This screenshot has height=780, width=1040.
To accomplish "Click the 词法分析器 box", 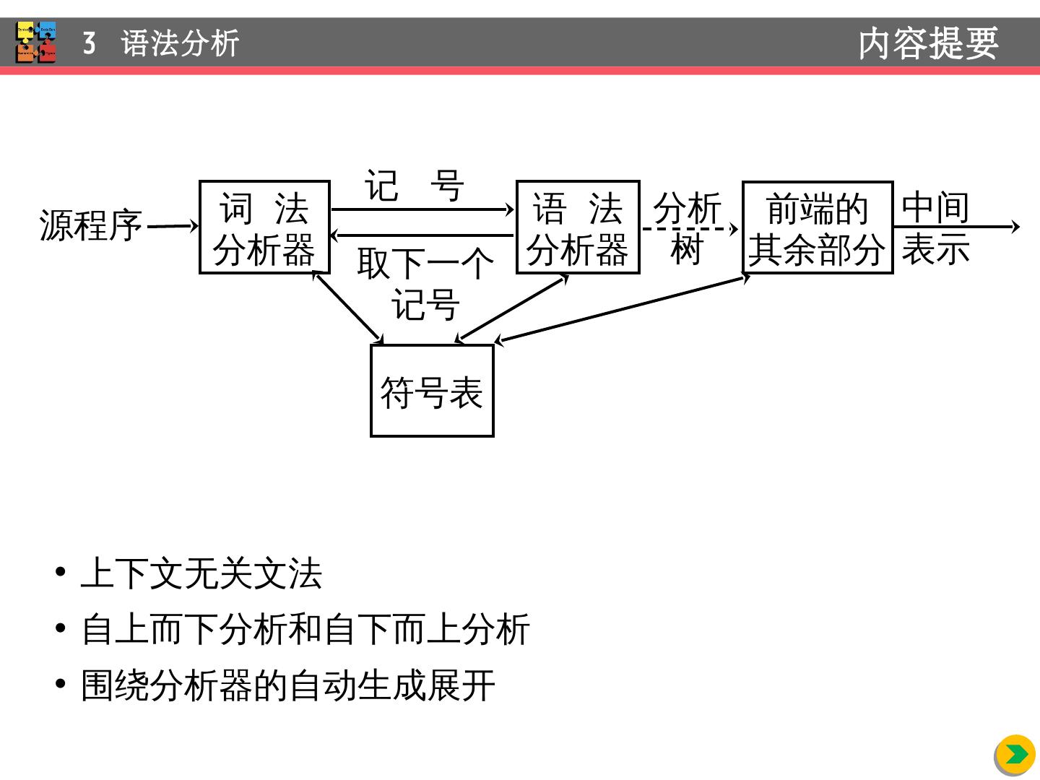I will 264,227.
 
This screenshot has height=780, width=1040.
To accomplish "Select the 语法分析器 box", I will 578,227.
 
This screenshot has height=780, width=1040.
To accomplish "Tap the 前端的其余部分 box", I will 817,227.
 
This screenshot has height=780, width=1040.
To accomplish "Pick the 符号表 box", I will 432,391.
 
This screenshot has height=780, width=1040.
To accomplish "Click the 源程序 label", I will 91,225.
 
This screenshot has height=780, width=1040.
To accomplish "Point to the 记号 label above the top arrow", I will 414,186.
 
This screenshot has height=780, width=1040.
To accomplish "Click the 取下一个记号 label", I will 425,283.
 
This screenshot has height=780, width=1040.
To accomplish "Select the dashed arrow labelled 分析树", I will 690,229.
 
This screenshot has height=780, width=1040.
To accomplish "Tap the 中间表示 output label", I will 935,228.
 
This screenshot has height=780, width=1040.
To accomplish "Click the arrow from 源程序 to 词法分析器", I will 172,227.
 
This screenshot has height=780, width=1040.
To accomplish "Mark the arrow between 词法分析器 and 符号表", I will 348,306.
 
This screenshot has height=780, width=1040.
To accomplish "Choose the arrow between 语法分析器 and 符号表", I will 511,308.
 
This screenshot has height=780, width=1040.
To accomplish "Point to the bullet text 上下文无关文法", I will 201,575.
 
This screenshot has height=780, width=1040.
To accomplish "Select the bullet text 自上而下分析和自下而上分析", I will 305,629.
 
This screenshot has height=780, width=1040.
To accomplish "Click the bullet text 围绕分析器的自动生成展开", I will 288,685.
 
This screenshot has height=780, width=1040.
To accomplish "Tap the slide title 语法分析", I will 180,43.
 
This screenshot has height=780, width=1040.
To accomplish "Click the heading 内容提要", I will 928,43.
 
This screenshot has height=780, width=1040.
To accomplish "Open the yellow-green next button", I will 1015,755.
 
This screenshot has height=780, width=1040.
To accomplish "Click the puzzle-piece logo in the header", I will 36,42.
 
